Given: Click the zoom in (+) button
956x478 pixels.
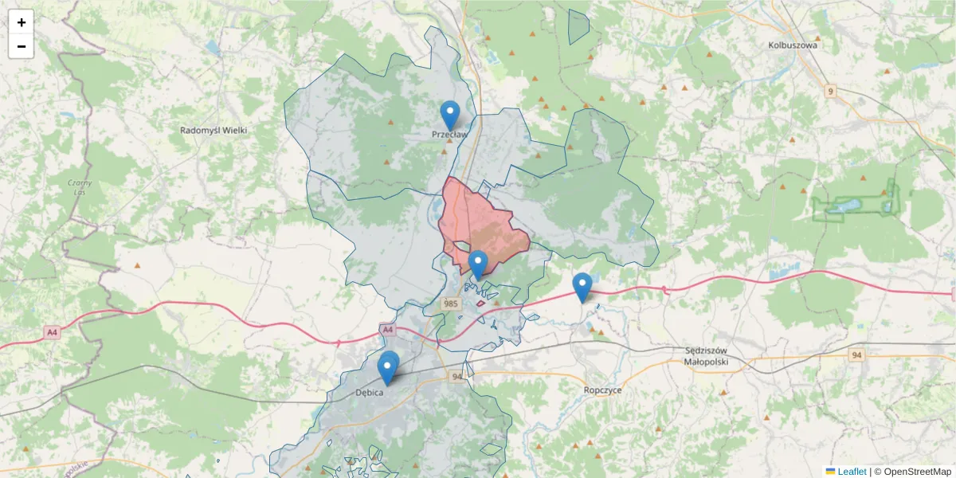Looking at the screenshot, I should pyautogui.click(x=22, y=22).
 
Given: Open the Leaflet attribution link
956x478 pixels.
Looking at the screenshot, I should pyautogui.click(x=852, y=472).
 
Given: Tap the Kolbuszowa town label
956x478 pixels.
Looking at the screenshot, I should pyautogui.click(x=793, y=45).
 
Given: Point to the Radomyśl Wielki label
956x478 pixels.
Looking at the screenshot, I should pyautogui.click(x=214, y=130).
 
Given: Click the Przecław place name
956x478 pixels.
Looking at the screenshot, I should pyautogui.click(x=449, y=135).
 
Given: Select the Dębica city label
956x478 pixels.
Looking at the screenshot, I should pyautogui.click(x=370, y=393).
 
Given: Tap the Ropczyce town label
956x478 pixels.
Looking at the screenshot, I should pyautogui.click(x=602, y=390).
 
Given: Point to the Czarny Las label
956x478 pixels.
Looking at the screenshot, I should pyautogui.click(x=80, y=187).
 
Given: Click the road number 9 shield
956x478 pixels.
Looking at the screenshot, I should pyautogui.click(x=831, y=92).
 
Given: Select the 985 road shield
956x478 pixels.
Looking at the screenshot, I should pyautogui.click(x=452, y=304).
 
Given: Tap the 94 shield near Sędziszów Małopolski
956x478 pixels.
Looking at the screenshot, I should pyautogui.click(x=856, y=355).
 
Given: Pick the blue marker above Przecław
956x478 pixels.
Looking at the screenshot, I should pyautogui.click(x=450, y=113).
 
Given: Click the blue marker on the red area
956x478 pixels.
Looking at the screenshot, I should pyautogui.click(x=477, y=263).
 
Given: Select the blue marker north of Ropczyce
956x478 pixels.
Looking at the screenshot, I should pyautogui.click(x=582, y=285).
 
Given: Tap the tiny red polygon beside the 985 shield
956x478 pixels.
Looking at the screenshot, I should pyautogui.click(x=481, y=303).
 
